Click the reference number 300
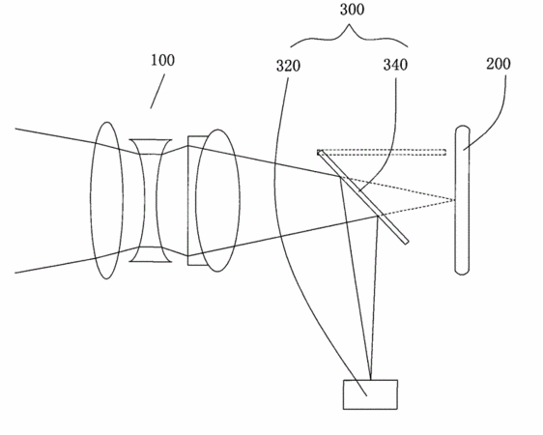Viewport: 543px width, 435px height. pyautogui.click(x=352, y=10)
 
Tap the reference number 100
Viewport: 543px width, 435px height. pyautogui.click(x=162, y=60)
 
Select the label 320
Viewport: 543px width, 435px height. pyautogui.click(x=288, y=66)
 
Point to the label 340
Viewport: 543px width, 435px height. pyautogui.click(x=395, y=65)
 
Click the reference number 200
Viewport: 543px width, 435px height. pyautogui.click(x=499, y=64)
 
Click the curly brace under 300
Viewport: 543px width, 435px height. pyautogui.click(x=349, y=35)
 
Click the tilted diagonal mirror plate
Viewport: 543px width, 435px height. pyautogui.click(x=363, y=197)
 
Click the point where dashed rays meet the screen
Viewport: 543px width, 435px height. pyautogui.click(x=455, y=200)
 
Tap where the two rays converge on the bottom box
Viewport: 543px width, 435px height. pyautogui.click(x=371, y=380)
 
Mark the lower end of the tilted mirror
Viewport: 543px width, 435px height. pyautogui.click(x=407, y=242)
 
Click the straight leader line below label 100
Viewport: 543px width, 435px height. pyautogui.click(x=157, y=91)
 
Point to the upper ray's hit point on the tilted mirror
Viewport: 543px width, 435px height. pyautogui.click(x=340, y=177)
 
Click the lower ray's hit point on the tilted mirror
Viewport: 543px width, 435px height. pyautogui.click(x=378, y=217)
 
